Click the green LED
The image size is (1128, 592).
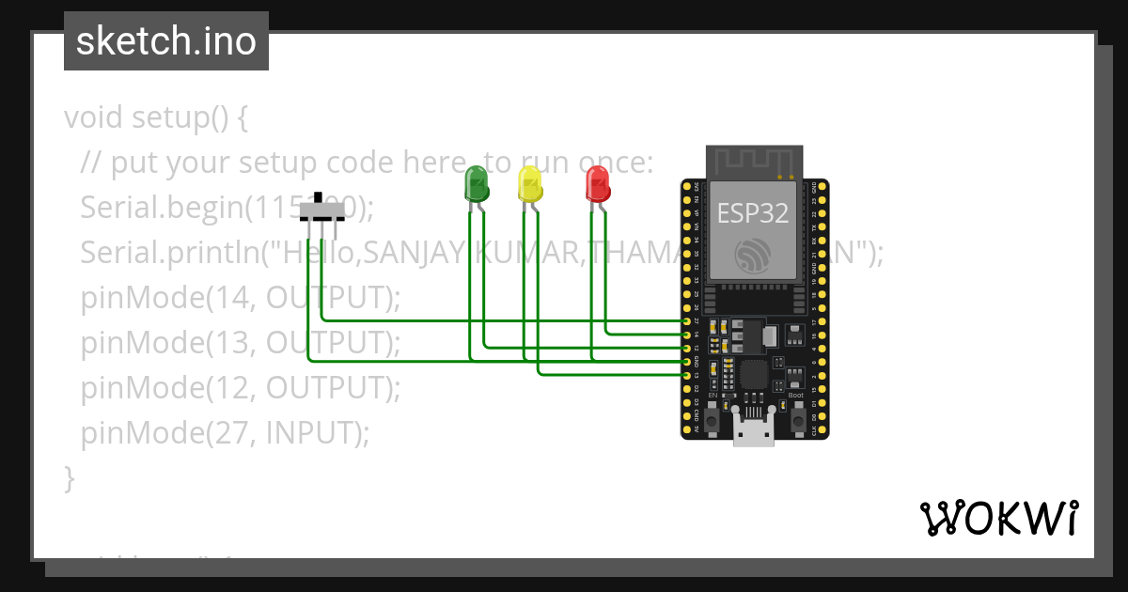click(477, 184)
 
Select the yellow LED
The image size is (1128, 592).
click(530, 184)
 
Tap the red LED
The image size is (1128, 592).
click(597, 183)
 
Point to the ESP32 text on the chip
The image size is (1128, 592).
click(753, 213)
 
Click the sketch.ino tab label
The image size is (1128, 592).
click(165, 41)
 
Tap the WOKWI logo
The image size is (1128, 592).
click(998, 518)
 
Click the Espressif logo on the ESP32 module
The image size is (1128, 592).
click(753, 256)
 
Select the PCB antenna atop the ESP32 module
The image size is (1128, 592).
click(753, 161)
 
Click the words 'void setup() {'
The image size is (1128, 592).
click(156, 118)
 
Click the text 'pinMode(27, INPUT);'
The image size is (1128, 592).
click(226, 432)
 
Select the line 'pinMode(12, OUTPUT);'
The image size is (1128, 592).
click(241, 387)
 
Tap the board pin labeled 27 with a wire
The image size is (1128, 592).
click(686, 321)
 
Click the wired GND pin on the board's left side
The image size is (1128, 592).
click(686, 361)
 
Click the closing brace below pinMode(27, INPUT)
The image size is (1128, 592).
click(69, 477)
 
